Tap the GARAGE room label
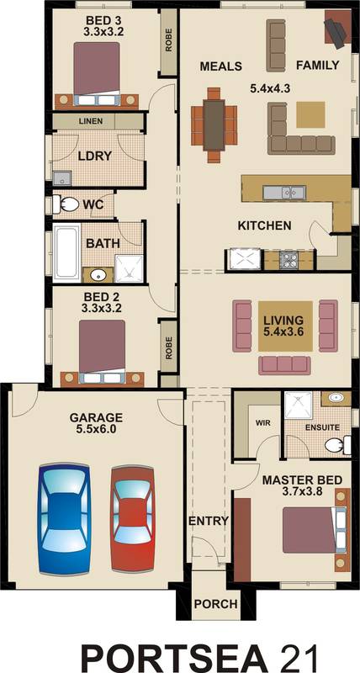click(96, 417)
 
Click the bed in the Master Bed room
click(308, 528)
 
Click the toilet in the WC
click(67, 204)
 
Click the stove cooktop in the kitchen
click(289, 259)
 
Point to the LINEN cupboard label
click(91, 121)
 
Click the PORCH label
click(215, 604)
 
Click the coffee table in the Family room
click(310, 114)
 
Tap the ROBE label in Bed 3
click(168, 42)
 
